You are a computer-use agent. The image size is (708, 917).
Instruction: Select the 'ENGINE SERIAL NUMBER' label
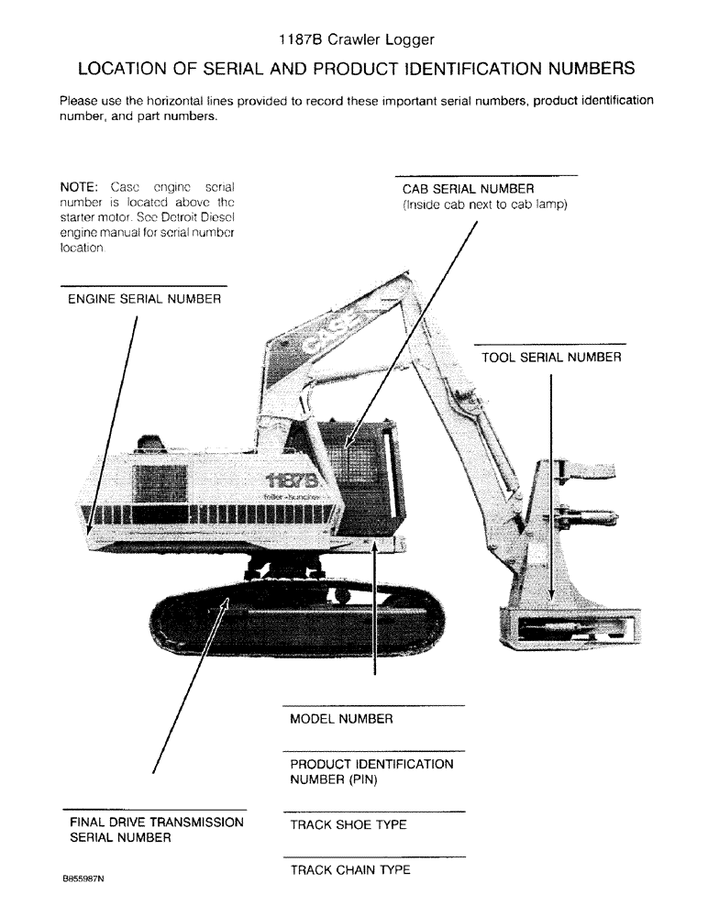pyautogui.click(x=144, y=300)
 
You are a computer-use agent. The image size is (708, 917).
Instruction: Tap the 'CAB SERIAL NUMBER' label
pyautogui.click(x=468, y=190)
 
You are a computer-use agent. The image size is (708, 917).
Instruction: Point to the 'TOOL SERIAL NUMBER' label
pyautogui.click(x=551, y=358)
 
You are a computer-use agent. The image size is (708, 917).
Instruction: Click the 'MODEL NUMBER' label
pyautogui.click(x=341, y=720)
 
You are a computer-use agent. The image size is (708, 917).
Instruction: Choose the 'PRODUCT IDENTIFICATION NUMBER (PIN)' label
pyautogui.click(x=371, y=772)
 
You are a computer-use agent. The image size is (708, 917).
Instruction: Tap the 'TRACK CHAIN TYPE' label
pyautogui.click(x=349, y=870)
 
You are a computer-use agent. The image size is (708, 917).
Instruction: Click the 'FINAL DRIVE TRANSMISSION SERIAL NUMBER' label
pyautogui.click(x=157, y=830)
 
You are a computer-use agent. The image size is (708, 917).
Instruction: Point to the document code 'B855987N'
pyautogui.click(x=83, y=878)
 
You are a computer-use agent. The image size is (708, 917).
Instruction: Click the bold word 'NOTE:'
pyautogui.click(x=79, y=185)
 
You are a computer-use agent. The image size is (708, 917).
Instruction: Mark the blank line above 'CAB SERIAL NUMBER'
pyautogui.click(x=486, y=175)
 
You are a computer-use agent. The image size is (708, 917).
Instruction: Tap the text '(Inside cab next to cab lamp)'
pyautogui.click(x=485, y=205)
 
